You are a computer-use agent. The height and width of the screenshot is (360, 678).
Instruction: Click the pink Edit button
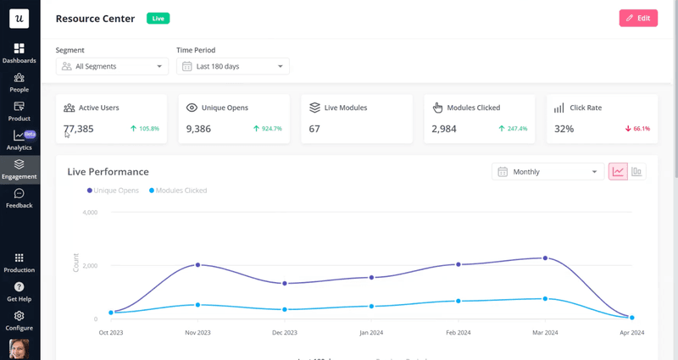638,18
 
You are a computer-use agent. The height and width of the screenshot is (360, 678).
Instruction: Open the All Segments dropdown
113,66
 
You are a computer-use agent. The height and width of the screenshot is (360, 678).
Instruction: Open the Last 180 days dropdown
233,66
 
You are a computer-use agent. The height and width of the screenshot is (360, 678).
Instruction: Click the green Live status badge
158,18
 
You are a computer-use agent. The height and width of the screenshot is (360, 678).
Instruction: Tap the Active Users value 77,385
79,129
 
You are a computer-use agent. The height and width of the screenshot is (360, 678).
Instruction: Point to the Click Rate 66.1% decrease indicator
637,129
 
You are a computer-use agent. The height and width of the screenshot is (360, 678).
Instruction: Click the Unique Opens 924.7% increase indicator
268,129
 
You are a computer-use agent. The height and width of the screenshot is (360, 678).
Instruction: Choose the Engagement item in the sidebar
19,169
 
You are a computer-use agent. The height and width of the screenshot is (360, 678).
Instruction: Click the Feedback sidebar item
19,199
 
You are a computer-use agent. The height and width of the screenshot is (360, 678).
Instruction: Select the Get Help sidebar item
19,292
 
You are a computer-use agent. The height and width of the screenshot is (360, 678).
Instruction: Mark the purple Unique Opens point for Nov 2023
198,265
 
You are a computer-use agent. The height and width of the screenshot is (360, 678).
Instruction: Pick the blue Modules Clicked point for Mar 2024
545,298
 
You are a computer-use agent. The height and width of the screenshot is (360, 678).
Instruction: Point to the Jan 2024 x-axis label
371,333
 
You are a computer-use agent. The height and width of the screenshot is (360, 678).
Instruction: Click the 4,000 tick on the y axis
89,213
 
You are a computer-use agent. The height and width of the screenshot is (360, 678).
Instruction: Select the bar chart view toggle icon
636,172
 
